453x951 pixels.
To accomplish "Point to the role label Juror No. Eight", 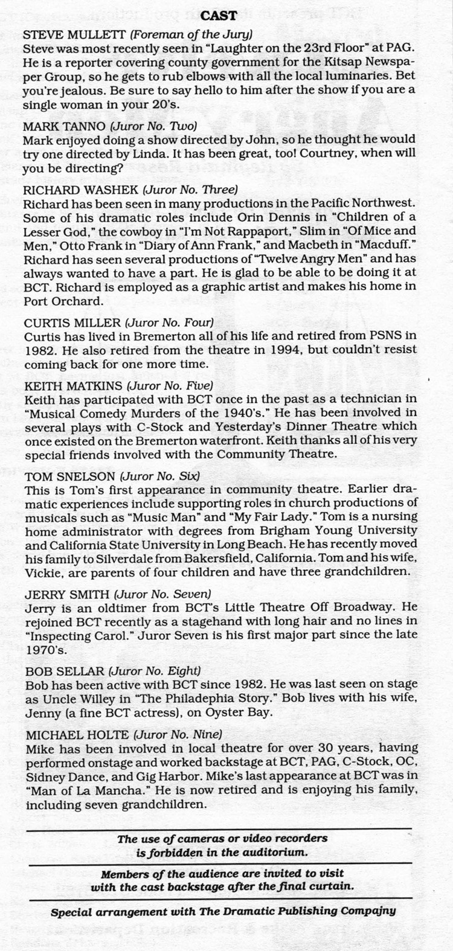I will (x=165, y=670).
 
